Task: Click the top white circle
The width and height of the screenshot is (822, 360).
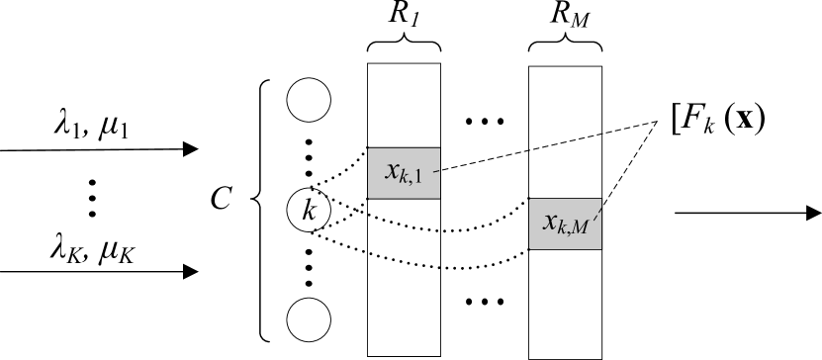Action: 309,101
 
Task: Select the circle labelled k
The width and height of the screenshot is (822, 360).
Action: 309,211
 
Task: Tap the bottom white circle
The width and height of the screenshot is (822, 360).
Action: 309,319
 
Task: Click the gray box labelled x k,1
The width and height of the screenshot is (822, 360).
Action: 404,172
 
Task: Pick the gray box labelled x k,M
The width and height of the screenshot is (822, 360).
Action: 565,224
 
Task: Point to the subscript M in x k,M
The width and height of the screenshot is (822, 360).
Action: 580,229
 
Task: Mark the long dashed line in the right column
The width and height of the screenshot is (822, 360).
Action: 566,141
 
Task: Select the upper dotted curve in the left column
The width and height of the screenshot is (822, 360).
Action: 404,223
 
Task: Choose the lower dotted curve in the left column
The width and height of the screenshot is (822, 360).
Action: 404,260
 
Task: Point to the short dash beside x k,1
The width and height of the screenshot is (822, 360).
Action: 435,171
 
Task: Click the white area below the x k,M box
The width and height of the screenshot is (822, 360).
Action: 565,302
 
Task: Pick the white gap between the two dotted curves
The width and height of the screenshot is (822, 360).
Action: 404,241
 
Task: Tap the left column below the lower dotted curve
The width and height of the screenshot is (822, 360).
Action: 404,312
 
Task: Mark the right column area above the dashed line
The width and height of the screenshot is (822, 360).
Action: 565,99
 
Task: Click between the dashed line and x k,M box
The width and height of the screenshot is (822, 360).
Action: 565,173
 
